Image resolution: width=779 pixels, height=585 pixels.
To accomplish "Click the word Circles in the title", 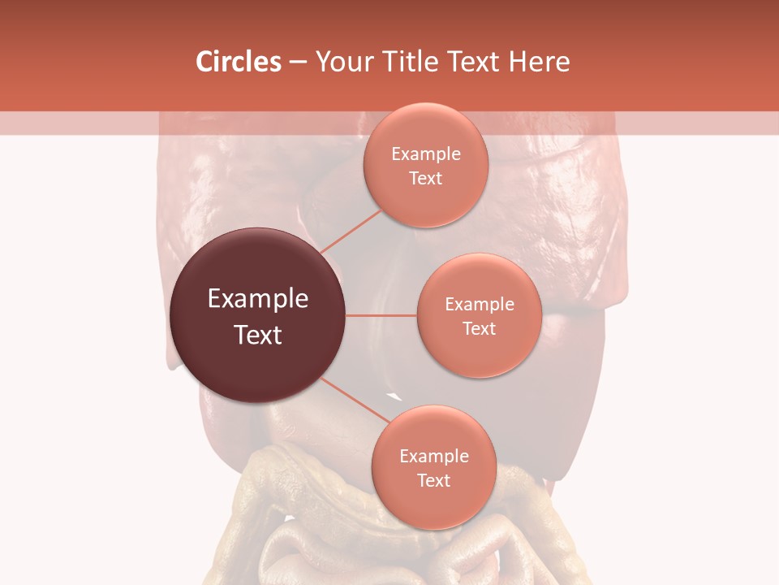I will pos(238,62).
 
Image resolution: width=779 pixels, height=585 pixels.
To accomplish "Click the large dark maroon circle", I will pos(258,315).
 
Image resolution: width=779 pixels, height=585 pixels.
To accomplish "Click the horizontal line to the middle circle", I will pos(381,315).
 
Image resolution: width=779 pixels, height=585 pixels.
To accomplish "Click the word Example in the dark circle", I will pos(258,299).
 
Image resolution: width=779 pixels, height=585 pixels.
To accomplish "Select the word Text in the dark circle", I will pos(258,335).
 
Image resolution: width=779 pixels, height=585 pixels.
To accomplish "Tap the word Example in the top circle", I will pos(426,154).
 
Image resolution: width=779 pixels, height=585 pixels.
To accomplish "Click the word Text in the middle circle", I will pos(479,328).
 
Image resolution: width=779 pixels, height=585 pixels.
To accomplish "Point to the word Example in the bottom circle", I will pos(433,457).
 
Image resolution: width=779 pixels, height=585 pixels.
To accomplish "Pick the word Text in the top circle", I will pos(426,178).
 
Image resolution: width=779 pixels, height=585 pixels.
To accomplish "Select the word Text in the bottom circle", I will pos(433,480).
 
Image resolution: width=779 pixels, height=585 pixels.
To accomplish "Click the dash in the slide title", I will pos(297,62).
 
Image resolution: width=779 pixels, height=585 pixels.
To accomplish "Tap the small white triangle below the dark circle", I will pos(394,396).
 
